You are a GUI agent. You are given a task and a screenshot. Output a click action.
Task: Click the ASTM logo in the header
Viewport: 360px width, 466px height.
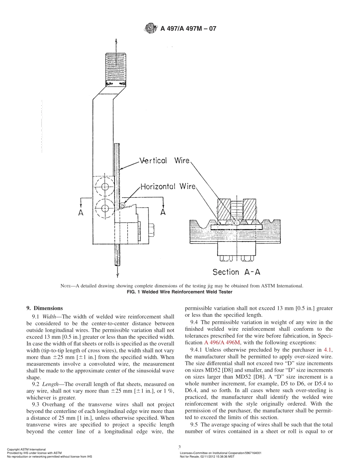[x=151, y=28]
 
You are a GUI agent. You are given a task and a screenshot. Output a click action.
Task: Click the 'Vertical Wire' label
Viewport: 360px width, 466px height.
[x=164, y=161]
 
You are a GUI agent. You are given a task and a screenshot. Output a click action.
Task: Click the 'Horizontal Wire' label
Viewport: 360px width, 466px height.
[x=168, y=186]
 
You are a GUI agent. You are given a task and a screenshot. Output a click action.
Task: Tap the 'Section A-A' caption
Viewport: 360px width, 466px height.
[x=236, y=272]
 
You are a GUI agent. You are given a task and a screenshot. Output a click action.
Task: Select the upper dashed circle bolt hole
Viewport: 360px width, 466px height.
[x=105, y=187]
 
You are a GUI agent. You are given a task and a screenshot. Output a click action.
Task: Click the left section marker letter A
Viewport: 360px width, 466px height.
[x=81, y=213]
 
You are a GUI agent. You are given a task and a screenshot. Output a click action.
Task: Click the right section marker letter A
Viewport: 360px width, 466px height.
[x=163, y=212]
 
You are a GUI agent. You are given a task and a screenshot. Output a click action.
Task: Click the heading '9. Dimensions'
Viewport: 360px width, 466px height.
[x=44, y=308]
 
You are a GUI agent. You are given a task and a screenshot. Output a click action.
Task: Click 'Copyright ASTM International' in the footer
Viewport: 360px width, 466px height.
[x=27, y=449]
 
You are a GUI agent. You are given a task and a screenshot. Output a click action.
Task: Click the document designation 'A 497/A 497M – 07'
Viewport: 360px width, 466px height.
[x=188, y=28]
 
